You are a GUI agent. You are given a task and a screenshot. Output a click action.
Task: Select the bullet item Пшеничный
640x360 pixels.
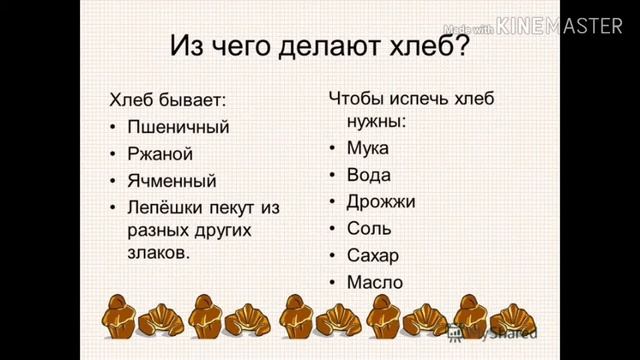tap(178, 127)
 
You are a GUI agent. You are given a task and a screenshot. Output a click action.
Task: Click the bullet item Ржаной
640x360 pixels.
tap(159, 154)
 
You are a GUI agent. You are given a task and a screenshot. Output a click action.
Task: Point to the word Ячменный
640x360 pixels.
tap(171, 181)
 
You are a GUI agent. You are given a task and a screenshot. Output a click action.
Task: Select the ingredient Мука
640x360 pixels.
tap(367, 148)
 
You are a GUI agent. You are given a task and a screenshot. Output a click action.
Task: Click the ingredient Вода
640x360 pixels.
tap(368, 175)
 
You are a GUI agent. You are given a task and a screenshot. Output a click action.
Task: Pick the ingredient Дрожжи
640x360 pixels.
tap(381, 201)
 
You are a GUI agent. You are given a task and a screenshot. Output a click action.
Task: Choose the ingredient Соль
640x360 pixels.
tap(369, 228)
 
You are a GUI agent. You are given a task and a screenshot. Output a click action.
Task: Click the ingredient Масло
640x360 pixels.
tap(374, 282)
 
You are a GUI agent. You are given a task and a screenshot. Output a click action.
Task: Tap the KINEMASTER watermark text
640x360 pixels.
tap(565, 27)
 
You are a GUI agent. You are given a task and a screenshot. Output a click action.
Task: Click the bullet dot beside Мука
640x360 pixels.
tap(332, 149)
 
